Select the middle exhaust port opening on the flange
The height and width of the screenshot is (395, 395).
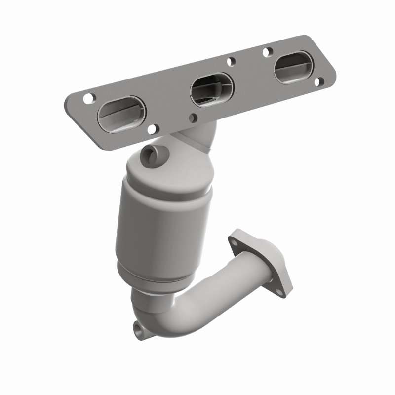click(211, 89)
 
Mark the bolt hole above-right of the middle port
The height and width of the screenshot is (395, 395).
click(231, 62)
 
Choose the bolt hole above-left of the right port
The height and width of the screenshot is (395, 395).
click(268, 51)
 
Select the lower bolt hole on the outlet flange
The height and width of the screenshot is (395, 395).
click(279, 292)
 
